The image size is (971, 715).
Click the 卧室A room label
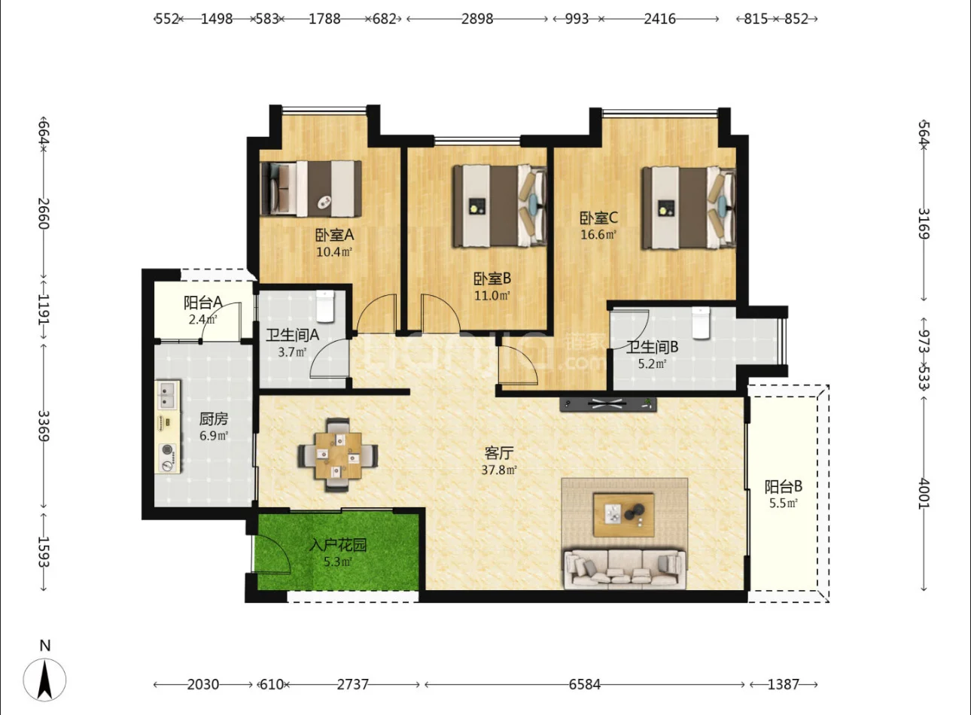[x=334, y=235]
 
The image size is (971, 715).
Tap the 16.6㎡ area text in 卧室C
[x=598, y=234]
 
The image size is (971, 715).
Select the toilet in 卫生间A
[x=325, y=306]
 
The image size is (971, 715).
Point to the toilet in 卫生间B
[x=701, y=322]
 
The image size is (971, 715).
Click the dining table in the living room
[x=338, y=455]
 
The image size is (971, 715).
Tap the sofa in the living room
[x=625, y=569]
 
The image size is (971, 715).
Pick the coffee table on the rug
[x=624, y=515]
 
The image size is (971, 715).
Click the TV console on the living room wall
[x=607, y=404]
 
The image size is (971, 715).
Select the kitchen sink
[x=168, y=394]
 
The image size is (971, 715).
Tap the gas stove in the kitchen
[x=168, y=458]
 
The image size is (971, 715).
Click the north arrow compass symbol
[x=44, y=680]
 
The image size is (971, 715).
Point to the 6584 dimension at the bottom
[x=584, y=685]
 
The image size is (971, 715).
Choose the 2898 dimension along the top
[x=476, y=19]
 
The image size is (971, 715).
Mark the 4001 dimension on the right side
[x=924, y=494]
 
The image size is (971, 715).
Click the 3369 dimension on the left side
[x=44, y=426]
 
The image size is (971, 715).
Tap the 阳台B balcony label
[x=784, y=487]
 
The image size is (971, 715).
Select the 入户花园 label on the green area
[x=338, y=545]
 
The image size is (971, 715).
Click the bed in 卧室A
[x=311, y=189]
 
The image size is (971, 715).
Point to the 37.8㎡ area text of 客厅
[x=499, y=470]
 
